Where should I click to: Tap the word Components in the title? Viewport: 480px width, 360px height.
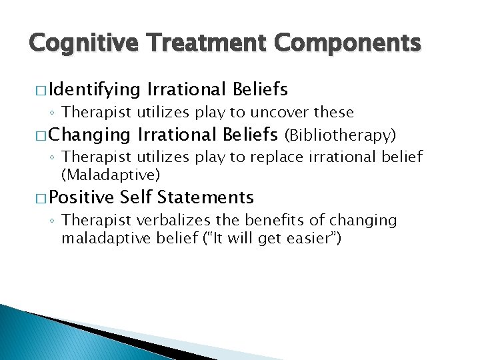coord(349,43)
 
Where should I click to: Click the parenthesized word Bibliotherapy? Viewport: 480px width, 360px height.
coord(340,135)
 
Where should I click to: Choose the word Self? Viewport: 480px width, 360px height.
coord(137,197)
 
